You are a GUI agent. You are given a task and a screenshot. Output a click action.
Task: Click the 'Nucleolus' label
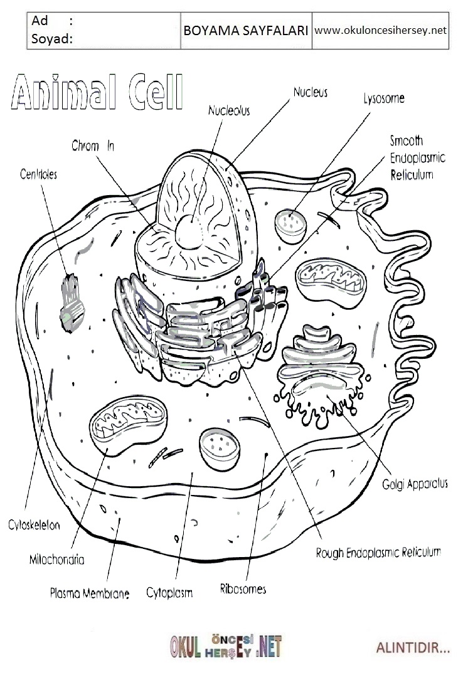229,111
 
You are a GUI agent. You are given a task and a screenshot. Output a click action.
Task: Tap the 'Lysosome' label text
384,98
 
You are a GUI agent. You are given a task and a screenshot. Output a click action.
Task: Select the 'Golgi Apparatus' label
415,484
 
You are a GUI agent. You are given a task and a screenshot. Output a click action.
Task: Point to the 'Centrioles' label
38,174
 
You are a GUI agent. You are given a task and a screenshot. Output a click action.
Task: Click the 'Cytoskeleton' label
35,525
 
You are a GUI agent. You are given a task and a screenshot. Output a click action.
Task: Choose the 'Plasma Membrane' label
89,593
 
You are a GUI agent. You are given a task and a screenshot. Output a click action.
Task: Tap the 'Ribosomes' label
243,589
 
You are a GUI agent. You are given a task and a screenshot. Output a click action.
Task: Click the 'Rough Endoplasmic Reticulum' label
378,553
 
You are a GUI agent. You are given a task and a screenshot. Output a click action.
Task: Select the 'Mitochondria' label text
56,559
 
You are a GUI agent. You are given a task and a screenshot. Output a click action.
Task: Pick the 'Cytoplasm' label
169,592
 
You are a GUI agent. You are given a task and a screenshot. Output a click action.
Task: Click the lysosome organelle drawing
291,223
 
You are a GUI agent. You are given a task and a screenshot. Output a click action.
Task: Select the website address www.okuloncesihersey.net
380,30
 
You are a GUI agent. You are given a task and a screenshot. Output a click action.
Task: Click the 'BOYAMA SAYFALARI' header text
245,30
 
